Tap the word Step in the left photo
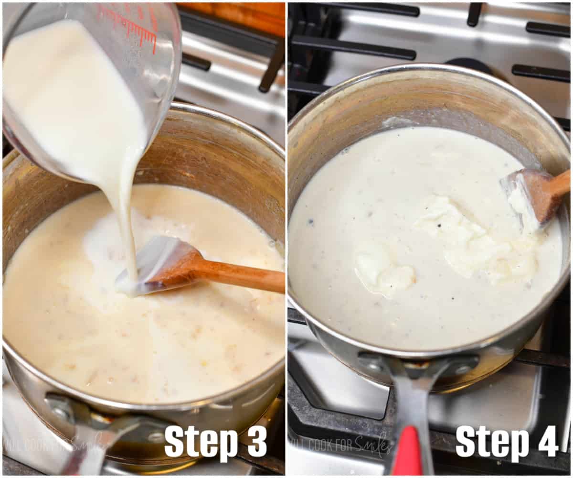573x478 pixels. coord(201,443)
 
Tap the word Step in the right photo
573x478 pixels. coord(492,442)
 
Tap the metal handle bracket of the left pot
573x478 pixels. coord(72,411)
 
